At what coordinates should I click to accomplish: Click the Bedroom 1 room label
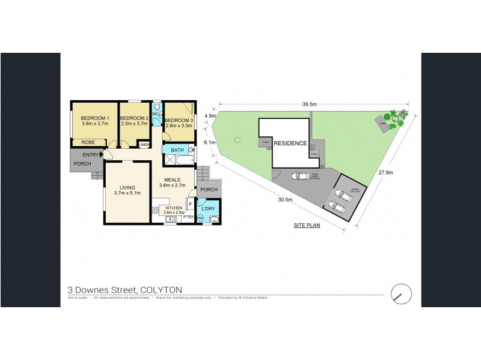(x=94, y=118)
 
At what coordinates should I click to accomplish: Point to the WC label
(x=155, y=113)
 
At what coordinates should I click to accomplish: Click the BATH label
(x=177, y=150)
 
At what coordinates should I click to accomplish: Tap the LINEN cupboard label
(x=144, y=145)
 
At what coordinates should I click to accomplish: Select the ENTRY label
(x=91, y=155)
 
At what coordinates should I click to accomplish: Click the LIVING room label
(x=126, y=187)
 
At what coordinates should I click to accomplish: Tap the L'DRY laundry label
(x=209, y=208)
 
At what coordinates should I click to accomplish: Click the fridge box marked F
(x=191, y=205)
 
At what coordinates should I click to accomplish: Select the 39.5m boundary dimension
(x=310, y=104)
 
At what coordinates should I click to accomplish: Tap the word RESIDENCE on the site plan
(x=290, y=143)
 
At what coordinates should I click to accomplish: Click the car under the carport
(x=299, y=176)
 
